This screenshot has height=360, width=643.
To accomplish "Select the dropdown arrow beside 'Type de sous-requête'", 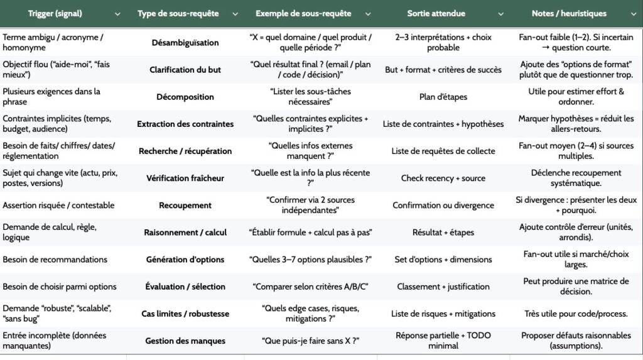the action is pyautogui.click(x=235, y=14).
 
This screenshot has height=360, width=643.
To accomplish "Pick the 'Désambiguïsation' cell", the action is pyautogui.click(x=185, y=43).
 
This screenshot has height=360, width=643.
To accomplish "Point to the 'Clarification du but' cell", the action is pyautogui.click(x=185, y=70).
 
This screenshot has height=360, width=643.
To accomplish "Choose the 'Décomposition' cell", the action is pyautogui.click(x=185, y=97).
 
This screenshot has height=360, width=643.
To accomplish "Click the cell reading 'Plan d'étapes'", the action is pyautogui.click(x=443, y=97).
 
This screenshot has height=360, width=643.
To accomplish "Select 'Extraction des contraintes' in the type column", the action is pyautogui.click(x=185, y=124).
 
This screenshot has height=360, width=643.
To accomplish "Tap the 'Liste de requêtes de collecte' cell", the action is pyautogui.click(x=443, y=151).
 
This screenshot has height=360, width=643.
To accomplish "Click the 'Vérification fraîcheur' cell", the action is pyautogui.click(x=185, y=178).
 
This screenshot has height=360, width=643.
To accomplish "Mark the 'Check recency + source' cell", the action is pyautogui.click(x=443, y=178).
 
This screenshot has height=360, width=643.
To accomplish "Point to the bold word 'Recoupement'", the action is pyautogui.click(x=185, y=205).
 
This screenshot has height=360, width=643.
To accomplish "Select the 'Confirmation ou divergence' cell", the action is pyautogui.click(x=443, y=205).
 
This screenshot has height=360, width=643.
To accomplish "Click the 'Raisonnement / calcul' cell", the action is pyautogui.click(x=185, y=232).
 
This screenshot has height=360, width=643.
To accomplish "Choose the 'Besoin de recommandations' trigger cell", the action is pyautogui.click(x=55, y=259).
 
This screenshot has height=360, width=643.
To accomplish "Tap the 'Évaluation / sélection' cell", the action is pyautogui.click(x=185, y=286).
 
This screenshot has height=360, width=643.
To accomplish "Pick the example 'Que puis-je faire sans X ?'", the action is pyautogui.click(x=310, y=341).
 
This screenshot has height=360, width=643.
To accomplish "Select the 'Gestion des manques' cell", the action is pyautogui.click(x=185, y=341).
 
